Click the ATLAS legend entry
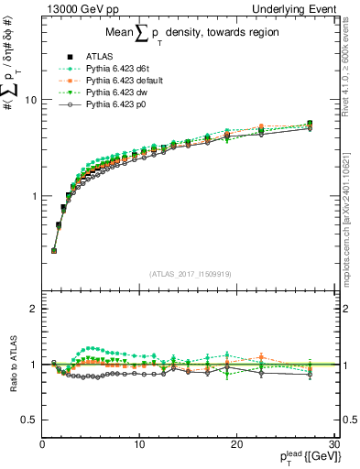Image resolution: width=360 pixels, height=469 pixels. point(98,59)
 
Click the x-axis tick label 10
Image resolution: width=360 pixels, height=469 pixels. point(139,444)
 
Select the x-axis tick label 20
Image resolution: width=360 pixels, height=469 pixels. point(236,444)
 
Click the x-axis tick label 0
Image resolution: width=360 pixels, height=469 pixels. point(42,444)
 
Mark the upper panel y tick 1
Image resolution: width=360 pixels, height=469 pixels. point(35,196)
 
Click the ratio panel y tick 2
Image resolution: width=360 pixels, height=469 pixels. point(35,309)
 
